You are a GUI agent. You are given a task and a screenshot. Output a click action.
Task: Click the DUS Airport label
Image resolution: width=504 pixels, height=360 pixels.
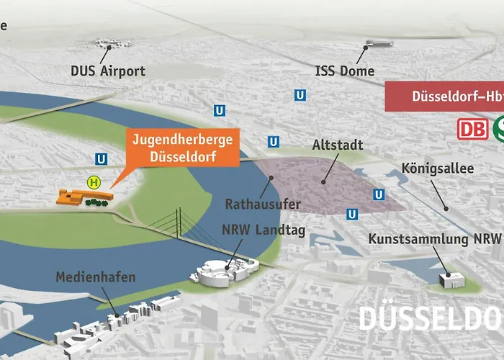(108, 71)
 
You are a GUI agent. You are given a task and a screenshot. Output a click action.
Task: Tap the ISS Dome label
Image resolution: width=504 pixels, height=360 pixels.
(345, 71)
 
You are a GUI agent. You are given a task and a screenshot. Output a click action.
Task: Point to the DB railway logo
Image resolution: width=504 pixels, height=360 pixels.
(472, 129)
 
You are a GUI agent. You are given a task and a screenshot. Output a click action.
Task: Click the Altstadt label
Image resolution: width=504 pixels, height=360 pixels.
(337, 145)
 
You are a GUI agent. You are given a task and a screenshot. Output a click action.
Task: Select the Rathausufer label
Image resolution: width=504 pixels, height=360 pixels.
(263, 204)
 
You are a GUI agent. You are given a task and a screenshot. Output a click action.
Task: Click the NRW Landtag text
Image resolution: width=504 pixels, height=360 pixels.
(264, 231)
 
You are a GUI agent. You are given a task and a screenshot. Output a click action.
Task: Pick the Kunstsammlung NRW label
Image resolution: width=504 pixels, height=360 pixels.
(435, 238)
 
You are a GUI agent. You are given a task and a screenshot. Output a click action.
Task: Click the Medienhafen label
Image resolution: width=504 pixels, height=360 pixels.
(95, 277)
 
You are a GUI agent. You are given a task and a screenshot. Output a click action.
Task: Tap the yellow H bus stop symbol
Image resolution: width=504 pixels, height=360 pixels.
(93, 182)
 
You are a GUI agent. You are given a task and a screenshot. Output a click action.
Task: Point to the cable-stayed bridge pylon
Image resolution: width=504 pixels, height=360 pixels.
(175, 220)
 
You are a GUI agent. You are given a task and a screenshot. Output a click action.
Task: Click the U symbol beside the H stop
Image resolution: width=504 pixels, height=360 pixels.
(102, 160)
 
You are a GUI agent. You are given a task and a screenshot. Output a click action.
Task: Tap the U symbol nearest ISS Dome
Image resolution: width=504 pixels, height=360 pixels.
(300, 95)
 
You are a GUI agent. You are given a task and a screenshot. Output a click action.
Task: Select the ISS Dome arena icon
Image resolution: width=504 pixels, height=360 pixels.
(379, 43)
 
